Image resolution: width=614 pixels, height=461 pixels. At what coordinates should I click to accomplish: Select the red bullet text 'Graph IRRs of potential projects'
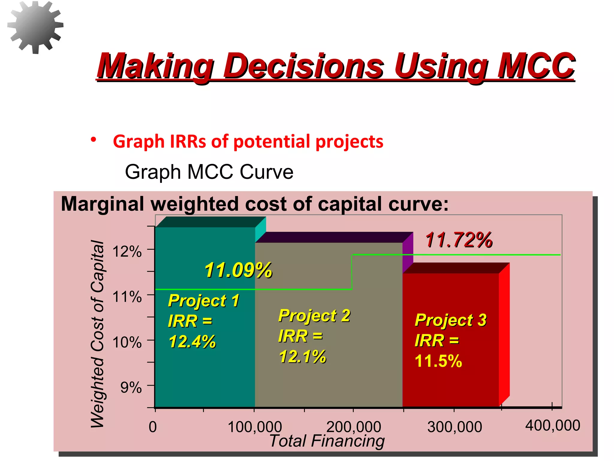pyautogui.click(x=248, y=142)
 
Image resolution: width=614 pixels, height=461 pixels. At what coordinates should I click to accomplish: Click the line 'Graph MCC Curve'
pyautogui.click(x=209, y=172)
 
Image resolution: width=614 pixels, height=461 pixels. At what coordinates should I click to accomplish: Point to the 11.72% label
pyautogui.click(x=459, y=240)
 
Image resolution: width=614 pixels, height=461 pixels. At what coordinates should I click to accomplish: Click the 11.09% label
pyautogui.click(x=238, y=270)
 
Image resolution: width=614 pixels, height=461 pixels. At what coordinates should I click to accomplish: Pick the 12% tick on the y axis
pyautogui.click(x=127, y=252)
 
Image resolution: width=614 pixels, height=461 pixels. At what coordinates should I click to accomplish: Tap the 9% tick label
pyautogui.click(x=131, y=387)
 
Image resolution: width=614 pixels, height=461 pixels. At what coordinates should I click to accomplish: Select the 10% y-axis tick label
pyautogui.click(x=127, y=342)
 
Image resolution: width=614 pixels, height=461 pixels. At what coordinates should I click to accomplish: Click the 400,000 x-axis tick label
pyautogui.click(x=553, y=426)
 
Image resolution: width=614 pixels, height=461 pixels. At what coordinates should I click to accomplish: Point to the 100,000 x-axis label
pyautogui.click(x=255, y=427)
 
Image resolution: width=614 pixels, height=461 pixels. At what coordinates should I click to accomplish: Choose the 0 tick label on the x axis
pyautogui.click(x=153, y=427)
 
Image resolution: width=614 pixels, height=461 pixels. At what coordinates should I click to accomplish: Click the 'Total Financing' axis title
pyautogui.click(x=327, y=441)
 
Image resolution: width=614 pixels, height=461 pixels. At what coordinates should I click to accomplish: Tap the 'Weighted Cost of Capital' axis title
pyautogui.click(x=97, y=333)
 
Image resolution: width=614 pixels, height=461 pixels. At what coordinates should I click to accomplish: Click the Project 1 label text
pyautogui.click(x=204, y=300)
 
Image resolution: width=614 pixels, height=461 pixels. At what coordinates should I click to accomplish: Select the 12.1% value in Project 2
pyautogui.click(x=302, y=357)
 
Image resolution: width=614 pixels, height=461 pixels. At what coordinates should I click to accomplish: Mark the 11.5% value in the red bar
pyautogui.click(x=438, y=361)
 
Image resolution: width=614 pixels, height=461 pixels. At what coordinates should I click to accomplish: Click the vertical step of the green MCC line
pyautogui.click(x=352, y=272)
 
